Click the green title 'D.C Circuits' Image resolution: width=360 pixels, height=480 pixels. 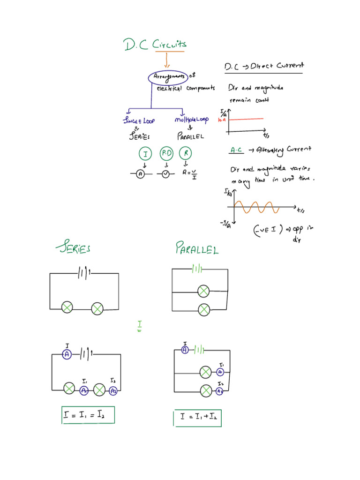point(155,45)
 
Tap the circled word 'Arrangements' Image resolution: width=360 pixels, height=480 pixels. point(168,77)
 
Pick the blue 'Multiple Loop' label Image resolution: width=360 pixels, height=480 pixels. point(191,120)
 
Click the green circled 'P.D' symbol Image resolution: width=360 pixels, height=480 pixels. point(166,154)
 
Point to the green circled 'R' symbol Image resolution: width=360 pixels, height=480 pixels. point(186,154)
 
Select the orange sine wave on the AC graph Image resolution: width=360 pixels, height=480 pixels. point(256,207)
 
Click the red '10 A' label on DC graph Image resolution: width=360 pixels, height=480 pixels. point(222,120)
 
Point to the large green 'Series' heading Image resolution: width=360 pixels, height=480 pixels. point(73,248)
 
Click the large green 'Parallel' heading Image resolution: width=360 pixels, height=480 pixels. point(197,248)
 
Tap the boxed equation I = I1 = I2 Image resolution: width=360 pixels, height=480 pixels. point(88,415)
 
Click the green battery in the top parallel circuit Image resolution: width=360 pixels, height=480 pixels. point(197,269)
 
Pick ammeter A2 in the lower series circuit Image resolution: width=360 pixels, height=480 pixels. point(113,390)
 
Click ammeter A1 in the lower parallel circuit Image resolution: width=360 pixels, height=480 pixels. point(220,372)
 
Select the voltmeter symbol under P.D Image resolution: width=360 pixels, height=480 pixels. point(165,174)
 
